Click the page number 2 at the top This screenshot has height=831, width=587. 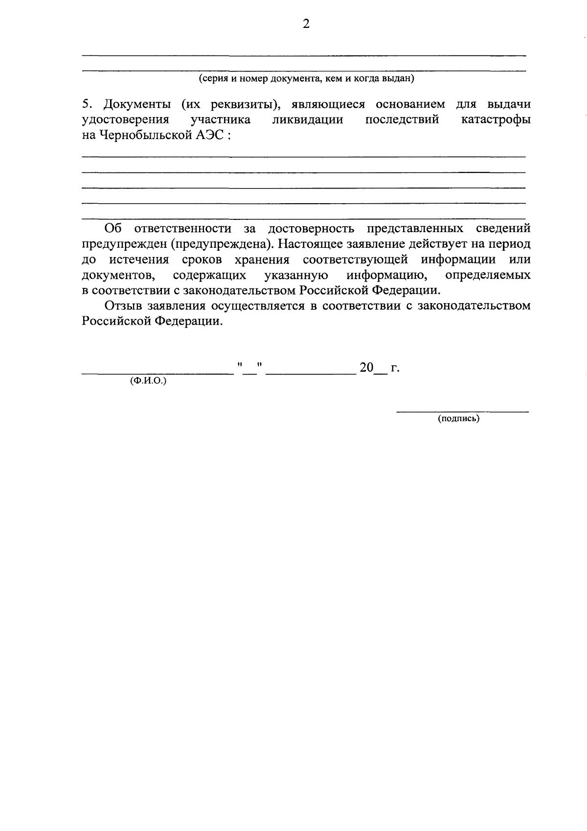[306, 24]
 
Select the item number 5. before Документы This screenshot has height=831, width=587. [87, 104]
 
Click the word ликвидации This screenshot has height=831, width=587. [307, 119]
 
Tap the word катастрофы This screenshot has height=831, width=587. [496, 119]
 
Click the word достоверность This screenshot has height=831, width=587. [311, 228]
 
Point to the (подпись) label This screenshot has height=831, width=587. [458, 419]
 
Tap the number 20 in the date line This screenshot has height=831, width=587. [366, 368]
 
